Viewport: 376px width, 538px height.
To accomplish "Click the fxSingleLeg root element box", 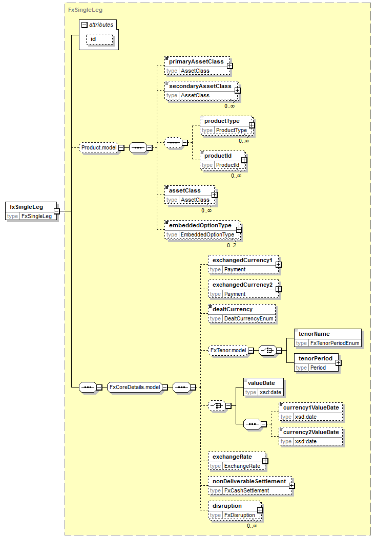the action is click(31, 211).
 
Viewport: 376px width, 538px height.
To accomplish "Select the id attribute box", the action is click(99, 39).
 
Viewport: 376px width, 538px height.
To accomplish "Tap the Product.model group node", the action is click(99, 147).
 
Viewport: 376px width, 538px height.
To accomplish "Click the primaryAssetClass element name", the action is click(196, 61).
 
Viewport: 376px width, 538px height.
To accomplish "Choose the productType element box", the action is click(226, 125).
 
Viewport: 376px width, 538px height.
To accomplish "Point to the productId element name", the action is click(218, 156).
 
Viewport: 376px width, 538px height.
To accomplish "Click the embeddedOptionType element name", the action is click(200, 225).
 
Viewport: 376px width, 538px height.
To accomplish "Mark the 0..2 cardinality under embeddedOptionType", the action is click(232, 245).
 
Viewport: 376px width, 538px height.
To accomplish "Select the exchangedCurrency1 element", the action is click(243, 265).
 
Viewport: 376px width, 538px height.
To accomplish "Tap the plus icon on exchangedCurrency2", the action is click(279, 289).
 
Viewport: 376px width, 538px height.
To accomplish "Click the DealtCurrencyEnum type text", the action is click(248, 319).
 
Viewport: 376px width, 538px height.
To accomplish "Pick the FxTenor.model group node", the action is click(228, 350).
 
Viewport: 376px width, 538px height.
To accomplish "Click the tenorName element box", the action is click(328, 338).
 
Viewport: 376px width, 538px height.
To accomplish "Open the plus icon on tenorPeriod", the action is click(339, 362).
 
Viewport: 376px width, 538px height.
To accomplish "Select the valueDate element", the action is click(264, 388).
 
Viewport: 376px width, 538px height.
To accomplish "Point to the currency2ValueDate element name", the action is click(311, 433).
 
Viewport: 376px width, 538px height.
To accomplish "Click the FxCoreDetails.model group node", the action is click(135, 388).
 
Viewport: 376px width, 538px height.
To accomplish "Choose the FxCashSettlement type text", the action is click(246, 491).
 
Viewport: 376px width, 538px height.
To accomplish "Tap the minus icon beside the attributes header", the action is click(85, 25).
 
